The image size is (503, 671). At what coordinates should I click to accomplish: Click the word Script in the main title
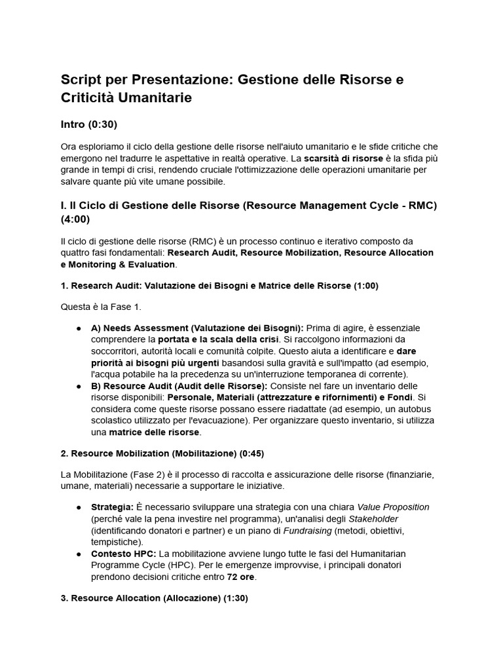(81, 80)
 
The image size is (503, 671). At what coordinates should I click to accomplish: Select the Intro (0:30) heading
(89, 124)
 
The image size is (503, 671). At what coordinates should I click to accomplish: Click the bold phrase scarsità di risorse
(344, 158)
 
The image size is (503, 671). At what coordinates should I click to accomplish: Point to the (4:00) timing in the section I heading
(75, 218)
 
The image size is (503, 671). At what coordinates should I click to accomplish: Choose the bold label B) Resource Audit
(135, 385)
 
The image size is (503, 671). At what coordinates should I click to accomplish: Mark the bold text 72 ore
(240, 578)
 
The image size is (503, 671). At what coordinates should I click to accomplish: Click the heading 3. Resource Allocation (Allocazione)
(145, 599)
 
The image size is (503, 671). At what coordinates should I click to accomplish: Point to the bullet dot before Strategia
(79, 507)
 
